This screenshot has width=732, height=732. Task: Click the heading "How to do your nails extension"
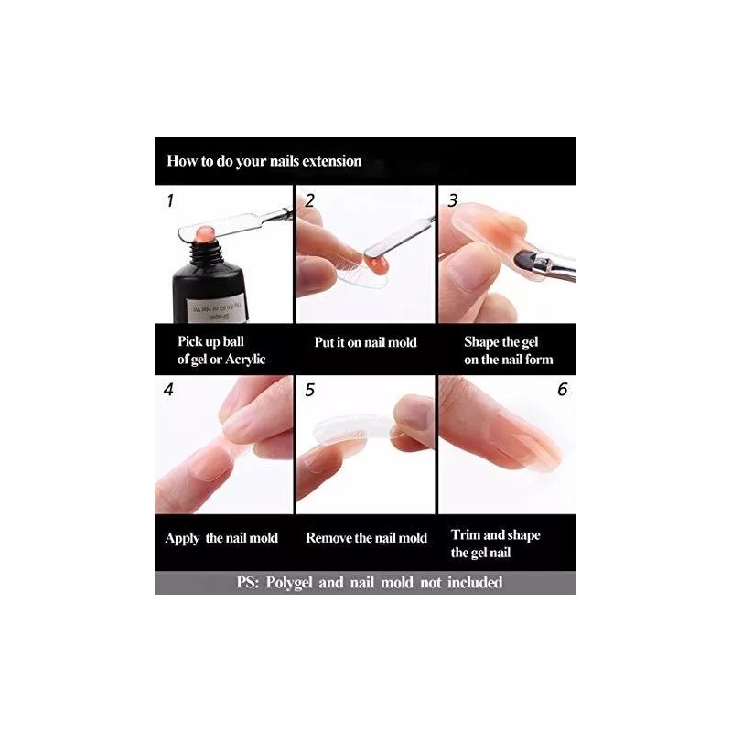(x=264, y=161)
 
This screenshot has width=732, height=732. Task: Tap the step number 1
(x=169, y=200)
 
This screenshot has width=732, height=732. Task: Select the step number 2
(x=310, y=200)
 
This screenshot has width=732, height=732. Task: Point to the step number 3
(x=452, y=200)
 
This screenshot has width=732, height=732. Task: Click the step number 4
(x=168, y=389)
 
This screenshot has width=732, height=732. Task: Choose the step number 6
(x=562, y=390)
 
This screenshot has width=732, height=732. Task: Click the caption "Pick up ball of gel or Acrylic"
(x=221, y=350)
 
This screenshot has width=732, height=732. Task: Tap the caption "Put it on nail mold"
(x=365, y=342)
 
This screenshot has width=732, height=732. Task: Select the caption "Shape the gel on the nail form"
(x=508, y=350)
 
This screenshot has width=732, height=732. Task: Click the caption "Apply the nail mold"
(x=221, y=537)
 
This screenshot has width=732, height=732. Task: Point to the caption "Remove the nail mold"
(x=366, y=537)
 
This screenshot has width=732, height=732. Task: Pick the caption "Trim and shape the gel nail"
(x=495, y=544)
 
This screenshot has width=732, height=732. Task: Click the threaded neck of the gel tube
(x=207, y=246)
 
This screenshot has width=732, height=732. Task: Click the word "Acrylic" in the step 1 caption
(x=242, y=359)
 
